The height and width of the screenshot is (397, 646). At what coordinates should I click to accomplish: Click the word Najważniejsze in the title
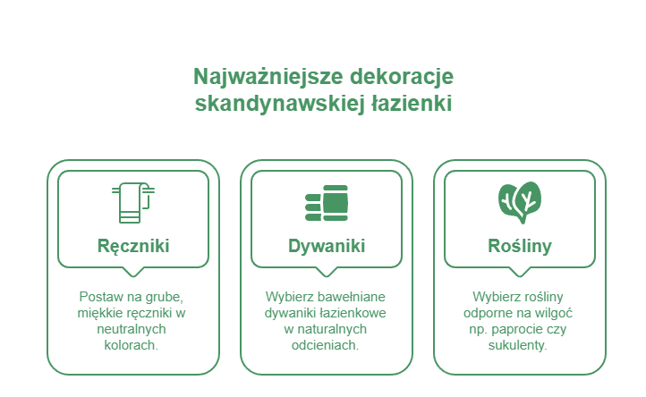click(268, 77)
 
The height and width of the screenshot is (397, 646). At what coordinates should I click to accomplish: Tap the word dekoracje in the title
click(402, 77)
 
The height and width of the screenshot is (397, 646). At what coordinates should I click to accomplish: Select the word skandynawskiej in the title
click(280, 103)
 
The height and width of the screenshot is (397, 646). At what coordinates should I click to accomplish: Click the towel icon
click(133, 203)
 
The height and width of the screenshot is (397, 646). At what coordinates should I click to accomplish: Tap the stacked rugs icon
click(327, 203)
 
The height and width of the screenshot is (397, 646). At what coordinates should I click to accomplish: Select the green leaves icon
click(520, 203)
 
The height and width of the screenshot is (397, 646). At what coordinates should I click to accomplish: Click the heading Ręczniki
click(133, 246)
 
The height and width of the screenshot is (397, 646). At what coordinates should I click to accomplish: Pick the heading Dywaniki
click(327, 246)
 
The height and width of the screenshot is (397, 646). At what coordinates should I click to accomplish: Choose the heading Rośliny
click(520, 246)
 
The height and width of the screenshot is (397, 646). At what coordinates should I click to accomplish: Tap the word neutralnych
click(132, 329)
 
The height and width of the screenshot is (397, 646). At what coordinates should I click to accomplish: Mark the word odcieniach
click(326, 345)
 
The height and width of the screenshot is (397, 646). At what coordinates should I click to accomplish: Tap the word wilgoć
click(553, 314)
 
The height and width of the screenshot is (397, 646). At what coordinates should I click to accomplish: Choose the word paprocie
click(517, 329)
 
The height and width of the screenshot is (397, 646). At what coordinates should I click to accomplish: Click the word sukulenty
click(518, 345)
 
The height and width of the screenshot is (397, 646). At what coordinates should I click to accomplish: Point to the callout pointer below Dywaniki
click(327, 272)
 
